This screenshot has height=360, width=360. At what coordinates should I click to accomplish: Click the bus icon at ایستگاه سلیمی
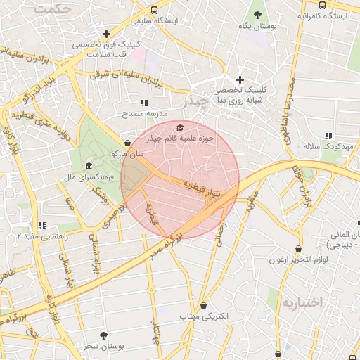tap(154, 10)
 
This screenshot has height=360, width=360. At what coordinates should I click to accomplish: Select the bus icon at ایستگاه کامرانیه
tap(322, 5)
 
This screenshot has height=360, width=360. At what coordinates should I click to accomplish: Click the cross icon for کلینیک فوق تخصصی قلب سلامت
tap(106, 33)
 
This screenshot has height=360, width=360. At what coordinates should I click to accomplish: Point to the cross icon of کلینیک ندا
tap(240, 79)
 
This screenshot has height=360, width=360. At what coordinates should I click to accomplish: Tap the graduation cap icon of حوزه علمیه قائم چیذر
tap(180, 127)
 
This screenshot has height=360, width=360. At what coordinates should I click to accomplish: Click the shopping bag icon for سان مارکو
tap(127, 143)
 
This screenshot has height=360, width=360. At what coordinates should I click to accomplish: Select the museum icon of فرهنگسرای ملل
tap(89, 166)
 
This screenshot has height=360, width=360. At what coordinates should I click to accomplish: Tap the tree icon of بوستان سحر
tap(104, 335)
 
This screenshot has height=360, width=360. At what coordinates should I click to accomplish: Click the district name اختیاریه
tap(302, 302)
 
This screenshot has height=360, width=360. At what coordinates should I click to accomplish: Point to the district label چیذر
tap(196, 101)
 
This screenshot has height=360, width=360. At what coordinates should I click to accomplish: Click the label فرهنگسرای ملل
tap(89, 177)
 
